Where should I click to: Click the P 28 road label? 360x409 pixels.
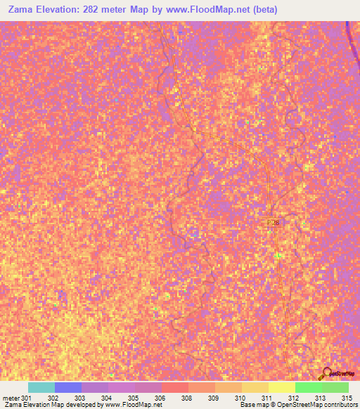274,222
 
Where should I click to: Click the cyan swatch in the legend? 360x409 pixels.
41,387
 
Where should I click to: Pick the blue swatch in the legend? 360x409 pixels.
68,387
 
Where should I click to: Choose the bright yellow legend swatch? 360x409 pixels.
281,387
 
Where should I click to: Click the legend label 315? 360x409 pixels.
345,398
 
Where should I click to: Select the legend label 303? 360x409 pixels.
80,398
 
